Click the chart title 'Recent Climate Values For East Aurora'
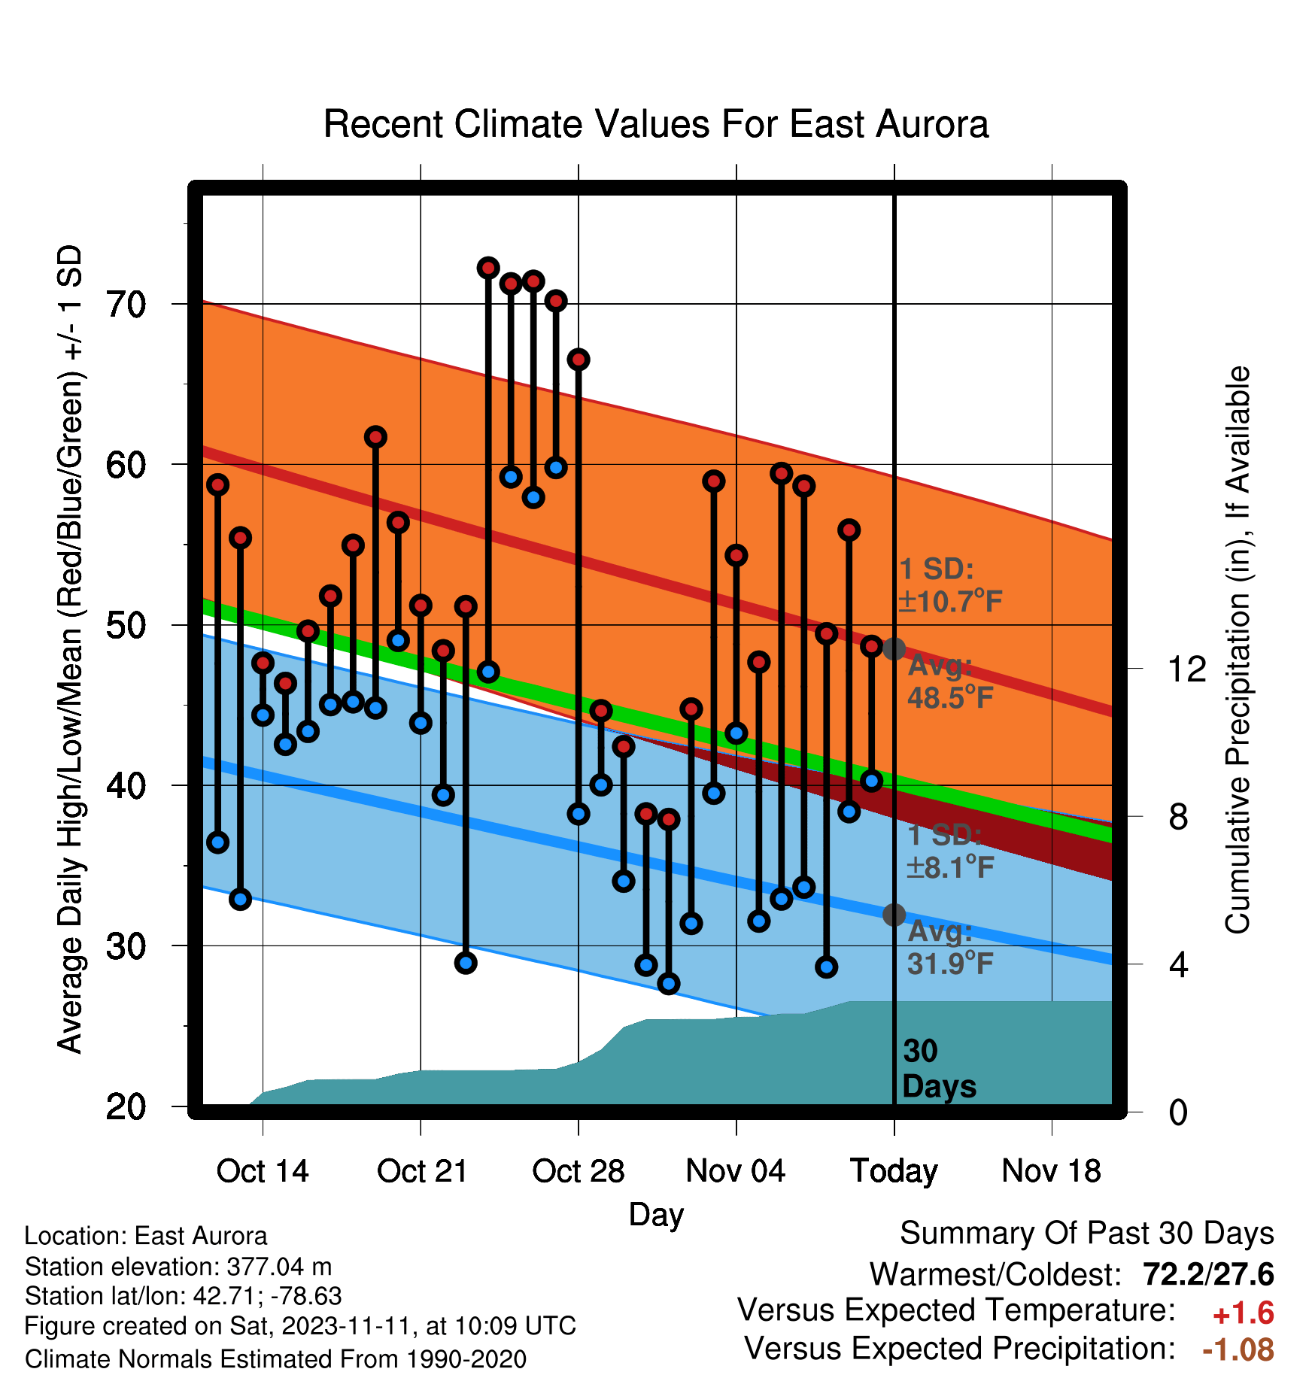[655, 124]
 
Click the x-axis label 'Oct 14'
[263, 1171]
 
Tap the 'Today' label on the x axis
[894, 1172]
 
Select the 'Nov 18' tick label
[1051, 1171]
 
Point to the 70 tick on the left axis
[126, 305]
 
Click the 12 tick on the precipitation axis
[1186, 669]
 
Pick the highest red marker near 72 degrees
[488, 268]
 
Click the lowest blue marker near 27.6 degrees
[668, 983]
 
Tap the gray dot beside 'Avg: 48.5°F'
[894, 648]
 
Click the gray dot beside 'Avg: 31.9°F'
[894, 915]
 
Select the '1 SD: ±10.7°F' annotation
[950, 585]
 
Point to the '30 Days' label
[939, 1069]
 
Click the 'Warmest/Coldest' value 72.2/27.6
[1208, 1274]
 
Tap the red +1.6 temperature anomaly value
[1244, 1313]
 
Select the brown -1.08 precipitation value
[1238, 1349]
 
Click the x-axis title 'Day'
[656, 1215]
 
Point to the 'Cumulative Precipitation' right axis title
[1238, 651]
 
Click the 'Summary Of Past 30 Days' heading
[1087, 1234]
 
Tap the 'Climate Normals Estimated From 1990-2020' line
[275, 1359]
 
